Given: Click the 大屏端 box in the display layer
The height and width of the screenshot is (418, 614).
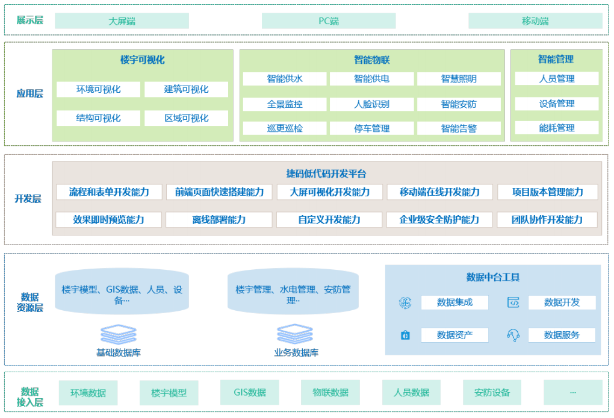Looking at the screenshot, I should point(122,21).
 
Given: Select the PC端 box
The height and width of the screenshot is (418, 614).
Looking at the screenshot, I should point(329,21).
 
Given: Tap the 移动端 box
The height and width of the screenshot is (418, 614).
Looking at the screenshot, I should point(535,21).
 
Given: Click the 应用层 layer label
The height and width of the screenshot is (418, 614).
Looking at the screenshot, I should point(29,94).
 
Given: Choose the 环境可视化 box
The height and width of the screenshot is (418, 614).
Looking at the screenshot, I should point(98,90).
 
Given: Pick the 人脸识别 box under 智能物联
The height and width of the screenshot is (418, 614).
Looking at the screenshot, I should point(371,104).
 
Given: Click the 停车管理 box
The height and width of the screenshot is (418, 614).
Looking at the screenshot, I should point(371,128).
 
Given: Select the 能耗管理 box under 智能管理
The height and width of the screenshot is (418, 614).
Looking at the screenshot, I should point(556,128).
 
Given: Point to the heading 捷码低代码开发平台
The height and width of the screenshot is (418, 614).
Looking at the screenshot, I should point(326,173).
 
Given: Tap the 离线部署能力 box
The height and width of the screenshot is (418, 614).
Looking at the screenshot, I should point(219,220).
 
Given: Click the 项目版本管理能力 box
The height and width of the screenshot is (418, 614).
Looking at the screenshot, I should point(547,192).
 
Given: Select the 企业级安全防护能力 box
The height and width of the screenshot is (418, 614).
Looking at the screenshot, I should point(439,220).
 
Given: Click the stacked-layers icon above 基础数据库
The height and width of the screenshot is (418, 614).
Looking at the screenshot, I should point(119,334).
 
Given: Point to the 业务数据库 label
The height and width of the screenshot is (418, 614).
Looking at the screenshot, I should point(296,353).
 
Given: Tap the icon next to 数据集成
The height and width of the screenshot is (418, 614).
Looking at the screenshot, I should point(405,303).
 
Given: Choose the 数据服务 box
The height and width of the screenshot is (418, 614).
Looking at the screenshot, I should point(561,335).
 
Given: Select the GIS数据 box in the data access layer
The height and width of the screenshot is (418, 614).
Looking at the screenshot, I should point(250,393).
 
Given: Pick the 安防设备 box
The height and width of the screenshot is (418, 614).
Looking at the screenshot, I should point(492,393).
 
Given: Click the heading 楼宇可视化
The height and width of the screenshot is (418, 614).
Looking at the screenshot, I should point(142,60).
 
